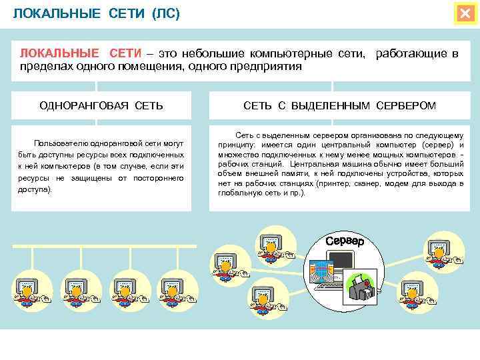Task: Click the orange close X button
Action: (464, 14)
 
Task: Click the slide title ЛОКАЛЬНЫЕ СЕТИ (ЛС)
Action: (97, 14)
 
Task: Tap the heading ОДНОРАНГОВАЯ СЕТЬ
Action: (101, 106)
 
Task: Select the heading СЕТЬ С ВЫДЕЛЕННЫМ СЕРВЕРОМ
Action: (339, 106)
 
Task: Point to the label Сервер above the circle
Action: (345, 241)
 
